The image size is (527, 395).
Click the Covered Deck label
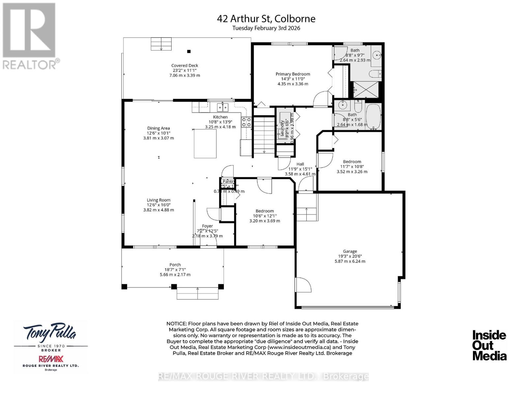coord(184,66)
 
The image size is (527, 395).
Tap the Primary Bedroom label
coord(293,74)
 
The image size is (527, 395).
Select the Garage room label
coord(350,251)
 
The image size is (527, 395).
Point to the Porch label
coord(175,265)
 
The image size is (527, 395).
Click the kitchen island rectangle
coord(205,144)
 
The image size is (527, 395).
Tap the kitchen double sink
coord(223,107)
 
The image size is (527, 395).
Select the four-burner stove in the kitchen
coord(246,122)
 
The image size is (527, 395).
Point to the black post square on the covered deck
coord(189,51)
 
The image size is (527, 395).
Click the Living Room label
coord(158,200)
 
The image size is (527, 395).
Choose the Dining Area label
coord(158,128)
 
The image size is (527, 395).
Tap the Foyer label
coord(207,226)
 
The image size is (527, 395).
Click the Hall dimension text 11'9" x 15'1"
coord(300,169)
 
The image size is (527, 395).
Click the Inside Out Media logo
coord(489,345)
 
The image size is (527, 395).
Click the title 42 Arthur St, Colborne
coord(266,18)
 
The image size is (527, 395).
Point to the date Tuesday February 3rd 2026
coord(266,28)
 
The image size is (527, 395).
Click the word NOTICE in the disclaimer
coord(177,324)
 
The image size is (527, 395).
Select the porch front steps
coord(198,293)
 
